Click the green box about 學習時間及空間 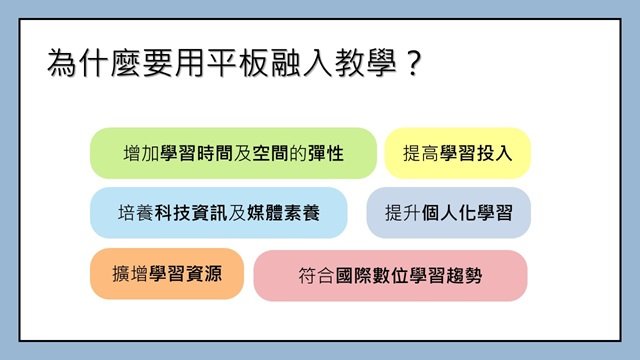tap(233, 153)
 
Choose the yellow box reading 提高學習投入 tap(458, 153)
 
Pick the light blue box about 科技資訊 tap(218, 213)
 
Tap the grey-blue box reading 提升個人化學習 tap(448, 213)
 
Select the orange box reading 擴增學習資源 tap(166, 273)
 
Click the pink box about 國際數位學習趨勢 tap(390, 275)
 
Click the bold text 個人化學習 tap(467, 213)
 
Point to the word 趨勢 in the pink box tap(463, 275)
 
